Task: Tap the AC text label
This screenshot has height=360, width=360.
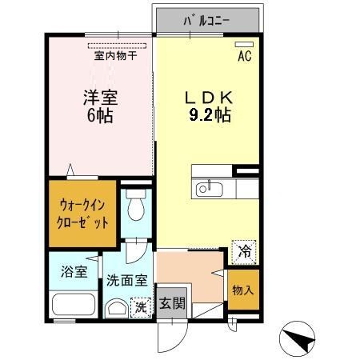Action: click(246, 57)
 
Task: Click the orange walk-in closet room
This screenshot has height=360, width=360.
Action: click(82, 211)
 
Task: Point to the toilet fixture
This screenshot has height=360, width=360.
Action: click(134, 203)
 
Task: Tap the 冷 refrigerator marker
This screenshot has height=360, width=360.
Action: click(244, 251)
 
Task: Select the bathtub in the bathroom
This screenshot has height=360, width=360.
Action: click(73, 306)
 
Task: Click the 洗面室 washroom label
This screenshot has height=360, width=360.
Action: click(126, 281)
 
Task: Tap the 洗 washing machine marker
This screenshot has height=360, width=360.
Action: click(139, 306)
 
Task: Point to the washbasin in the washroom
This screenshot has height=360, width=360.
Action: click(117, 308)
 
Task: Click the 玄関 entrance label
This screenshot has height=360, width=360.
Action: click(171, 304)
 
